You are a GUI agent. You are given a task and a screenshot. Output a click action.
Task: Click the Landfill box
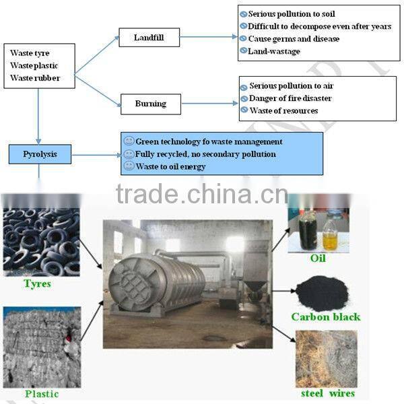coord(149,38)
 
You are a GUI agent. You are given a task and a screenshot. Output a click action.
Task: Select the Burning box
coord(149,104)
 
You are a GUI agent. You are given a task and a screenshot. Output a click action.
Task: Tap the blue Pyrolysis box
coord(40,154)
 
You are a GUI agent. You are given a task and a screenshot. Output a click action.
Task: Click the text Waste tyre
coord(30,53)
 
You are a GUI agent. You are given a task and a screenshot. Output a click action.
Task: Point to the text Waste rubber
coord(35,78)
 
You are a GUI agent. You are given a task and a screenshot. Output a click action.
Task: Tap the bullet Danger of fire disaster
coord(290,98)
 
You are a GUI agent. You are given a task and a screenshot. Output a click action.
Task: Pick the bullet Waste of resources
coord(283,110)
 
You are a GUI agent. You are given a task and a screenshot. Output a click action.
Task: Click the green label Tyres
coord(37,284)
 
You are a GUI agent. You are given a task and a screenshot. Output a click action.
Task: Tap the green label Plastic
coord(42,394)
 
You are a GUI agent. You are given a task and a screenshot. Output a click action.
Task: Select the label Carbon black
coord(326,317)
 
